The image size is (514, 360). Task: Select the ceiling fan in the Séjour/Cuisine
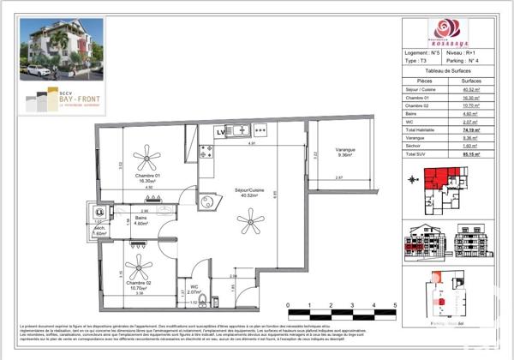251,224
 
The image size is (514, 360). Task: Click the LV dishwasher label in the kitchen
220,132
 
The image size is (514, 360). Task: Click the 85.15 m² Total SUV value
470,155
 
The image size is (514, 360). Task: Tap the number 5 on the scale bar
395,303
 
